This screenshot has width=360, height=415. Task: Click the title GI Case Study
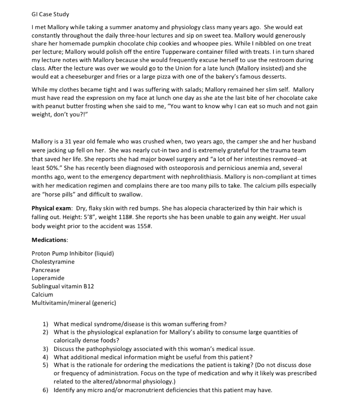coord(50,14)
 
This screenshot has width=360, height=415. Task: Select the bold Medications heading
coord(49,240)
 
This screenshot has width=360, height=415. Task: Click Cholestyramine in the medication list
coord(53,262)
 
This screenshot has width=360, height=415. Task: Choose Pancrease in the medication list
coord(45,270)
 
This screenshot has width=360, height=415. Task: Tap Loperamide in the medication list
coord(48,278)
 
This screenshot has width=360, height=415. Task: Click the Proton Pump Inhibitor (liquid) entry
coord(73,254)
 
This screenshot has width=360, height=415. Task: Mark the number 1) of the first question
coord(45,324)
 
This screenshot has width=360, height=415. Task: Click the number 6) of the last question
coord(45,390)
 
